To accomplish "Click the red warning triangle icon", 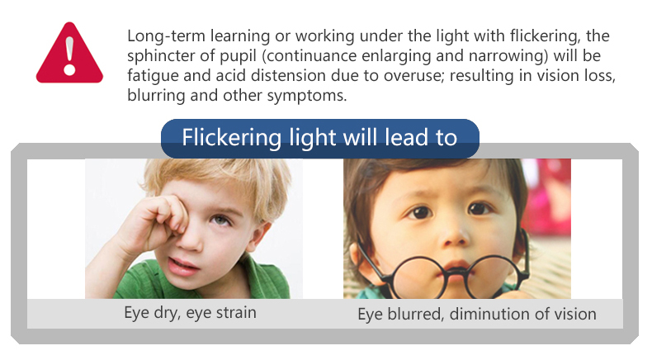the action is (69, 54).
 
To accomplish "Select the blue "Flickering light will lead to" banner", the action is (319, 138).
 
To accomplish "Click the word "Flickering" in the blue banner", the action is (232, 138).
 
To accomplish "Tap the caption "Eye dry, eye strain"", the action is (190, 313).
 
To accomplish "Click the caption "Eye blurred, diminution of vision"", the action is (477, 315).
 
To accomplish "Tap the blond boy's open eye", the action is (220, 220).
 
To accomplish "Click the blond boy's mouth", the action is (183, 267).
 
